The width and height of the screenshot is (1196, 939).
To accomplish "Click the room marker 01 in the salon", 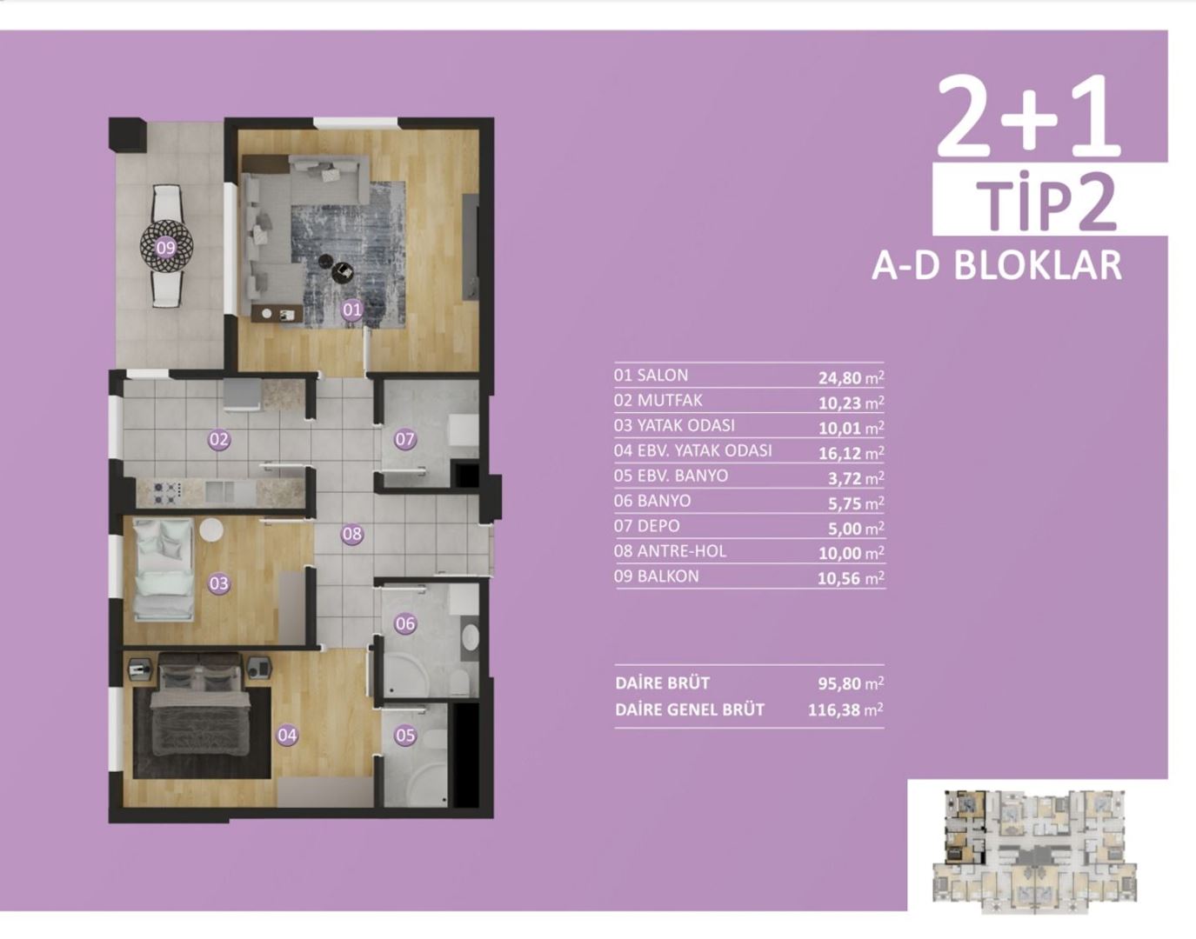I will point(351,310).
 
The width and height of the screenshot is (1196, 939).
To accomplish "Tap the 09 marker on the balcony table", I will point(165,249).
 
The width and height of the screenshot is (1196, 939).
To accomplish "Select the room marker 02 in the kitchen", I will point(219,440).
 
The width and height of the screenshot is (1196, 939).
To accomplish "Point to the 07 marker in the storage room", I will point(405,440).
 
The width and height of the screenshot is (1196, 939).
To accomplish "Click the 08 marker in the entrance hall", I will point(351,534).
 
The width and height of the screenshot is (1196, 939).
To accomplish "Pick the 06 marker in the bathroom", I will point(405,623).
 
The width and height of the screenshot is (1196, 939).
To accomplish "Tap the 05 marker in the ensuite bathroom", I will point(405,736).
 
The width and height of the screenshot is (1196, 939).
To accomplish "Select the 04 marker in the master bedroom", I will point(287,736).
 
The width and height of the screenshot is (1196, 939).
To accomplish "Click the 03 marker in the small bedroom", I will point(219,583).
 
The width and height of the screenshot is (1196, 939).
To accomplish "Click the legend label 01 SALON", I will point(651,376).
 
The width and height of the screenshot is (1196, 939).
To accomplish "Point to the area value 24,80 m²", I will point(851,377).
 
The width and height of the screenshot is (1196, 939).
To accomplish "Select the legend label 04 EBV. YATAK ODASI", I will point(692,450).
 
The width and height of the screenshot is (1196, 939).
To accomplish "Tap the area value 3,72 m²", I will point(856,477).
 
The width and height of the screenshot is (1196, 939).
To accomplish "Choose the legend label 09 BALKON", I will point(656,576).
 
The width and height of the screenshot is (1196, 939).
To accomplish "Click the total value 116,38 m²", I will point(845,710).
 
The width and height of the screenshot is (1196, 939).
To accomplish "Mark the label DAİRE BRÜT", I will point(662,683).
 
